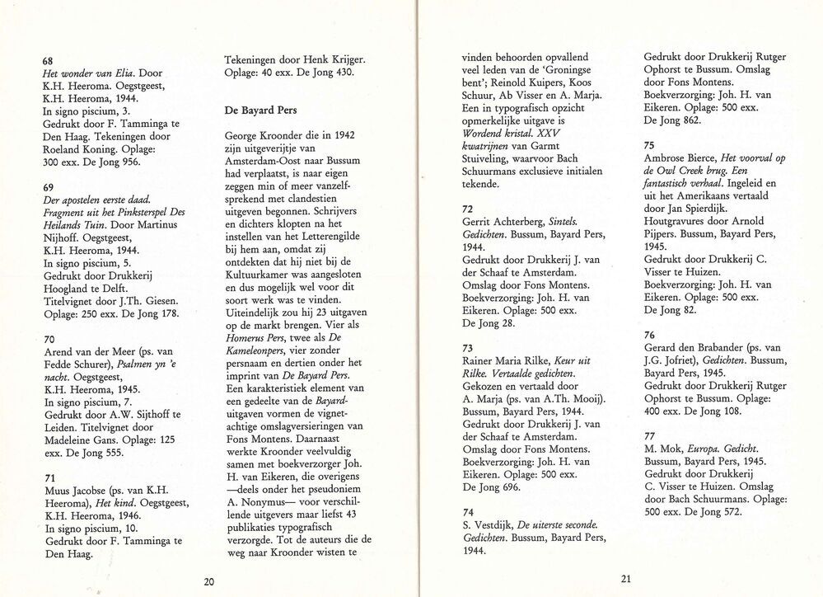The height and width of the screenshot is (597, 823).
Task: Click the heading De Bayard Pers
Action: click(260, 110)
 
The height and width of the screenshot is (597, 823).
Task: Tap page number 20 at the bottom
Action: click(209, 581)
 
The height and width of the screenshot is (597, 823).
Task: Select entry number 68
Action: click(48, 59)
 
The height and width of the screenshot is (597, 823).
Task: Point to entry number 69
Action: click(48, 187)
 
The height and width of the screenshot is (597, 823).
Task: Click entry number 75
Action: click(649, 145)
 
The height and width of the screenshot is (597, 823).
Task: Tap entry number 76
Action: click(649, 335)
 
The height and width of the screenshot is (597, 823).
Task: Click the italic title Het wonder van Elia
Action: click(86, 72)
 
